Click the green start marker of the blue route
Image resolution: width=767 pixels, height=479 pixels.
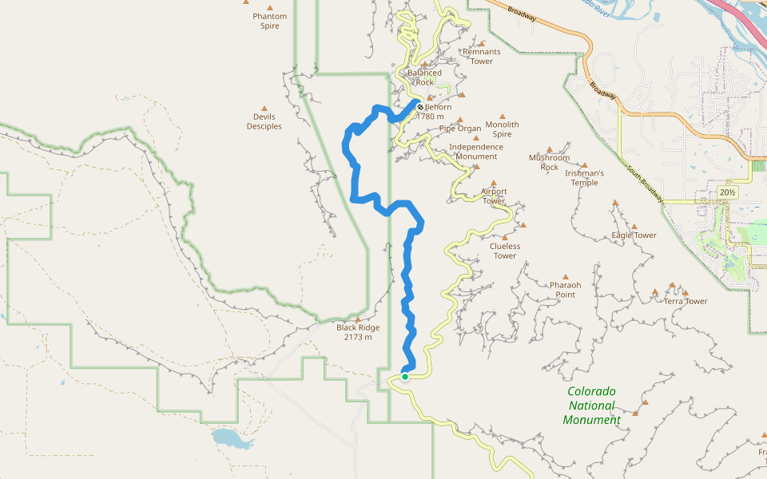click(x=405, y=377)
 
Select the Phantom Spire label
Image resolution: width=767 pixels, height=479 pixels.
click(x=269, y=21)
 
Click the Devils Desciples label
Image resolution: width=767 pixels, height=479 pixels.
click(x=264, y=121)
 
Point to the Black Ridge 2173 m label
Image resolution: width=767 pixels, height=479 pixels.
click(x=358, y=332)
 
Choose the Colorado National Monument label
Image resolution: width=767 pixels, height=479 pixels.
click(x=591, y=406)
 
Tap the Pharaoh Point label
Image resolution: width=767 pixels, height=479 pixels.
click(x=565, y=290)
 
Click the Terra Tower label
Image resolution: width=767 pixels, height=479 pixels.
click(x=686, y=301)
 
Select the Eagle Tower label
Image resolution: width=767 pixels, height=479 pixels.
click(x=634, y=235)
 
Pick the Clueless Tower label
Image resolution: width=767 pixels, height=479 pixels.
click(x=505, y=251)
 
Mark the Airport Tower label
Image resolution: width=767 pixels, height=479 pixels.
click(x=494, y=196)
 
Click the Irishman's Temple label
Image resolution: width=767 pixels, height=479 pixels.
click(x=584, y=177)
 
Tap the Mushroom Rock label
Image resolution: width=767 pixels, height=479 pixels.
click(x=549, y=162)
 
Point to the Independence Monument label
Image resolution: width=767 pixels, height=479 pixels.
click(x=476, y=152)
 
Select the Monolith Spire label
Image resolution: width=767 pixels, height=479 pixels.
click(x=502, y=129)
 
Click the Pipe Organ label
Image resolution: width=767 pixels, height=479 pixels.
click(x=460, y=128)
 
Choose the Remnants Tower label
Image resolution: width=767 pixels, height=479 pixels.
click(x=481, y=57)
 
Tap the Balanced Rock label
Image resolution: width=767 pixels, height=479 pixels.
click(x=424, y=77)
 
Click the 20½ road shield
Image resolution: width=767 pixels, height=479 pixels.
click(x=727, y=192)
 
